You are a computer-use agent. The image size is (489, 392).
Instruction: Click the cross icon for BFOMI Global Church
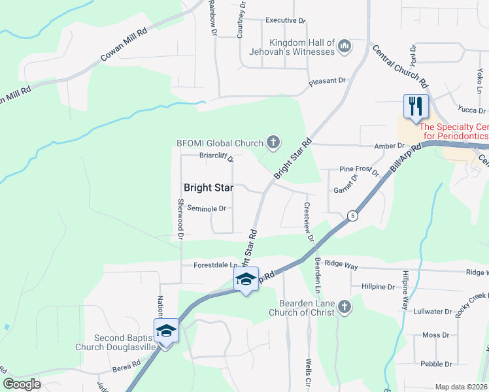273,142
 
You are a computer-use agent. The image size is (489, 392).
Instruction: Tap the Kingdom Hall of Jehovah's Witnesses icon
345,46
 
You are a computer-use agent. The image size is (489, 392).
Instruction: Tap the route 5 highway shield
352,215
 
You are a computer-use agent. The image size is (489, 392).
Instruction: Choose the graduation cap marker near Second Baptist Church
167,331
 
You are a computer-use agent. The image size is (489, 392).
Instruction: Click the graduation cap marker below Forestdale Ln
246,280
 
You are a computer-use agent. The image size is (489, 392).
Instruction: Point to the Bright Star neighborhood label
208,188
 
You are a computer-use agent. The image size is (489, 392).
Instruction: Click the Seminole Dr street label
206,208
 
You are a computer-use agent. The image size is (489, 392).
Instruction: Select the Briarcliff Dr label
207,156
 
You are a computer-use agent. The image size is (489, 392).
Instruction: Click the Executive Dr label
285,21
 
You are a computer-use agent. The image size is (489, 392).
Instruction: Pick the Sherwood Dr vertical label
180,217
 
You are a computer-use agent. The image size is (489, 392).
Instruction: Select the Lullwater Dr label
433,312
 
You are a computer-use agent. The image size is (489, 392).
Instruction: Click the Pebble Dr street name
436,364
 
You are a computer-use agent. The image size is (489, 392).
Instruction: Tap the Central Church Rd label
400,67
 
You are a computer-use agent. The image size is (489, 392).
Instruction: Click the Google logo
22,384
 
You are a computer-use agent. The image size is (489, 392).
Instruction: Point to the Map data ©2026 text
461,387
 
